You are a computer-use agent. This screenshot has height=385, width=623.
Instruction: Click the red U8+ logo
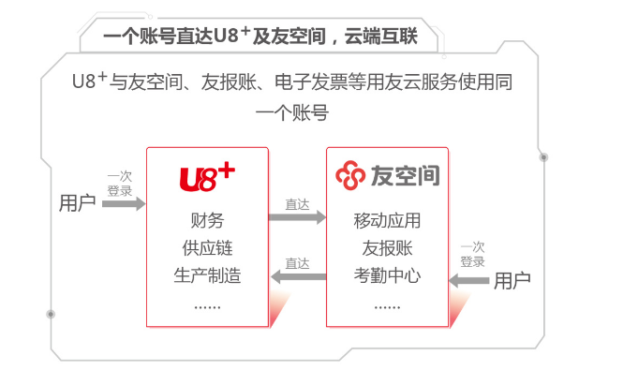(x=207, y=176)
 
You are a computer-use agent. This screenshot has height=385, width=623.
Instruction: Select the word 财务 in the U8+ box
(x=207, y=222)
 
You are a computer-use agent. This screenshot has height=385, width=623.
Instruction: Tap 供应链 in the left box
(x=207, y=249)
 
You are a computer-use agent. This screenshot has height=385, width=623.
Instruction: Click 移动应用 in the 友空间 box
(x=387, y=222)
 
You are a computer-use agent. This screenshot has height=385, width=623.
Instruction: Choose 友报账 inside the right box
(x=387, y=249)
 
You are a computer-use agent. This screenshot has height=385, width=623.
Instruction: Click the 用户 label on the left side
(x=77, y=203)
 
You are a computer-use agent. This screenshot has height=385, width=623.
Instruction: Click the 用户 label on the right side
(x=512, y=279)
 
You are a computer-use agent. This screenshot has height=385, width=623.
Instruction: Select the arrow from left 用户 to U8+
(x=123, y=203)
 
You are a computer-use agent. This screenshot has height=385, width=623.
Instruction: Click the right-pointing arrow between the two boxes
(x=297, y=217)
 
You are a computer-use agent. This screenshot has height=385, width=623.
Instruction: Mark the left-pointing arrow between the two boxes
(x=297, y=276)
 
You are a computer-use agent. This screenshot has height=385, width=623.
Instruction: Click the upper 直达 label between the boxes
(x=297, y=203)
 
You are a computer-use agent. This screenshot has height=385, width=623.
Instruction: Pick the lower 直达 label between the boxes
(x=297, y=262)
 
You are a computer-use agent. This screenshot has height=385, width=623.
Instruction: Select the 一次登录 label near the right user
(x=472, y=255)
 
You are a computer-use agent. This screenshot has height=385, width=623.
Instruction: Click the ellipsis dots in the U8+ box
(x=207, y=305)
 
